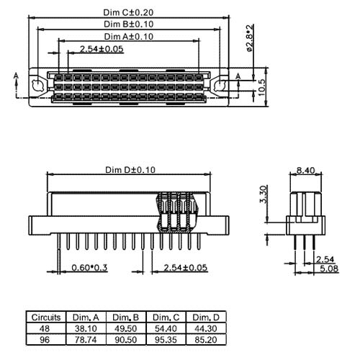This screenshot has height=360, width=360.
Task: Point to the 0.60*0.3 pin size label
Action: (89, 269)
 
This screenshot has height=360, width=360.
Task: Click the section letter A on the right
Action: (238, 76)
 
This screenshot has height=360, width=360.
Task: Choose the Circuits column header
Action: (45, 317)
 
